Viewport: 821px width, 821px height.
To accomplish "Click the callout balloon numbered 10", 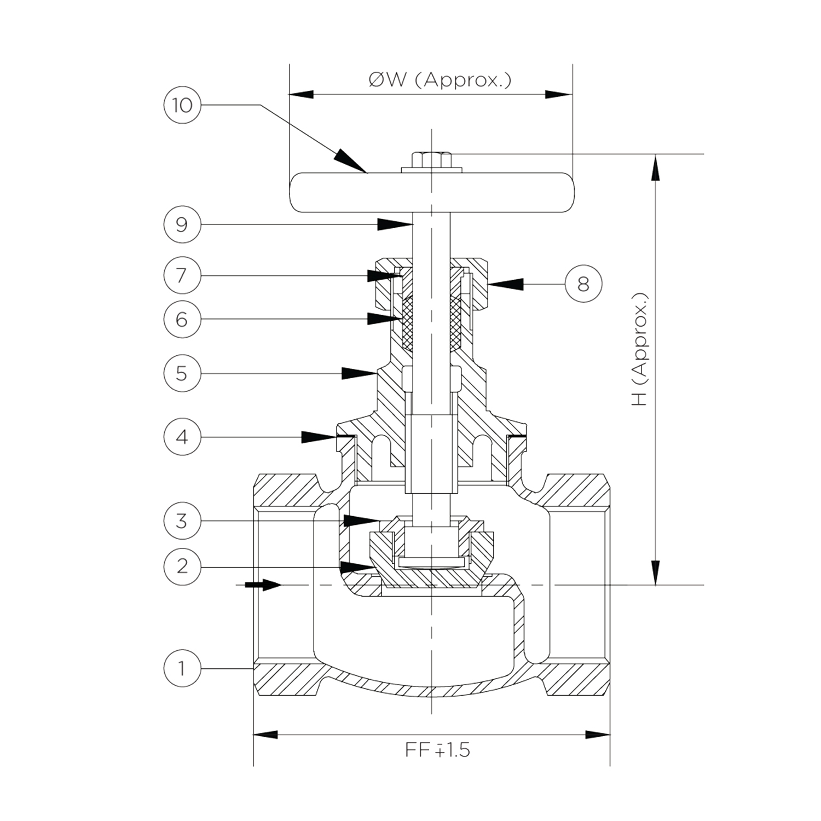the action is coord(182,105).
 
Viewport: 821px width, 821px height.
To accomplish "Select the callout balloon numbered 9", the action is coord(182,224).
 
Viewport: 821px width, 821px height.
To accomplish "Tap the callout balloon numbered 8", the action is coord(583,284).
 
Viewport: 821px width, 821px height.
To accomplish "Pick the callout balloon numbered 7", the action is coord(182,275).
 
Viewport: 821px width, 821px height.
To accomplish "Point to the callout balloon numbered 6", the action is coord(182,319).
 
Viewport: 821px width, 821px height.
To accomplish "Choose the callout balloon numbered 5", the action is coord(182,373).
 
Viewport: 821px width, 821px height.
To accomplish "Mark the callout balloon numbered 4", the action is coord(182,437).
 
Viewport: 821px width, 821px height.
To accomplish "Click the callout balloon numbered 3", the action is coord(182,521).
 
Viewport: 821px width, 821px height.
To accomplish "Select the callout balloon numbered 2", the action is coord(182,566).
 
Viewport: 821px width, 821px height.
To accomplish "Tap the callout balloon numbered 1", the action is coord(182,668).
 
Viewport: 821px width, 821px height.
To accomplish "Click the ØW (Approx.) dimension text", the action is coord(440,80).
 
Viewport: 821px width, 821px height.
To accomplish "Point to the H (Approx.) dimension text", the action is coord(639,349).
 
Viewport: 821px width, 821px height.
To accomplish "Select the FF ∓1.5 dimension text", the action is coord(437,749).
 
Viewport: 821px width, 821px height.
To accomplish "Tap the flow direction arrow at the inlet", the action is coord(263,585).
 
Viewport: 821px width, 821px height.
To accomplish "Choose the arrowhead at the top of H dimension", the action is coord(655,166).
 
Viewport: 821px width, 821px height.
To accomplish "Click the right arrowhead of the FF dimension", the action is coord(598,734).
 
